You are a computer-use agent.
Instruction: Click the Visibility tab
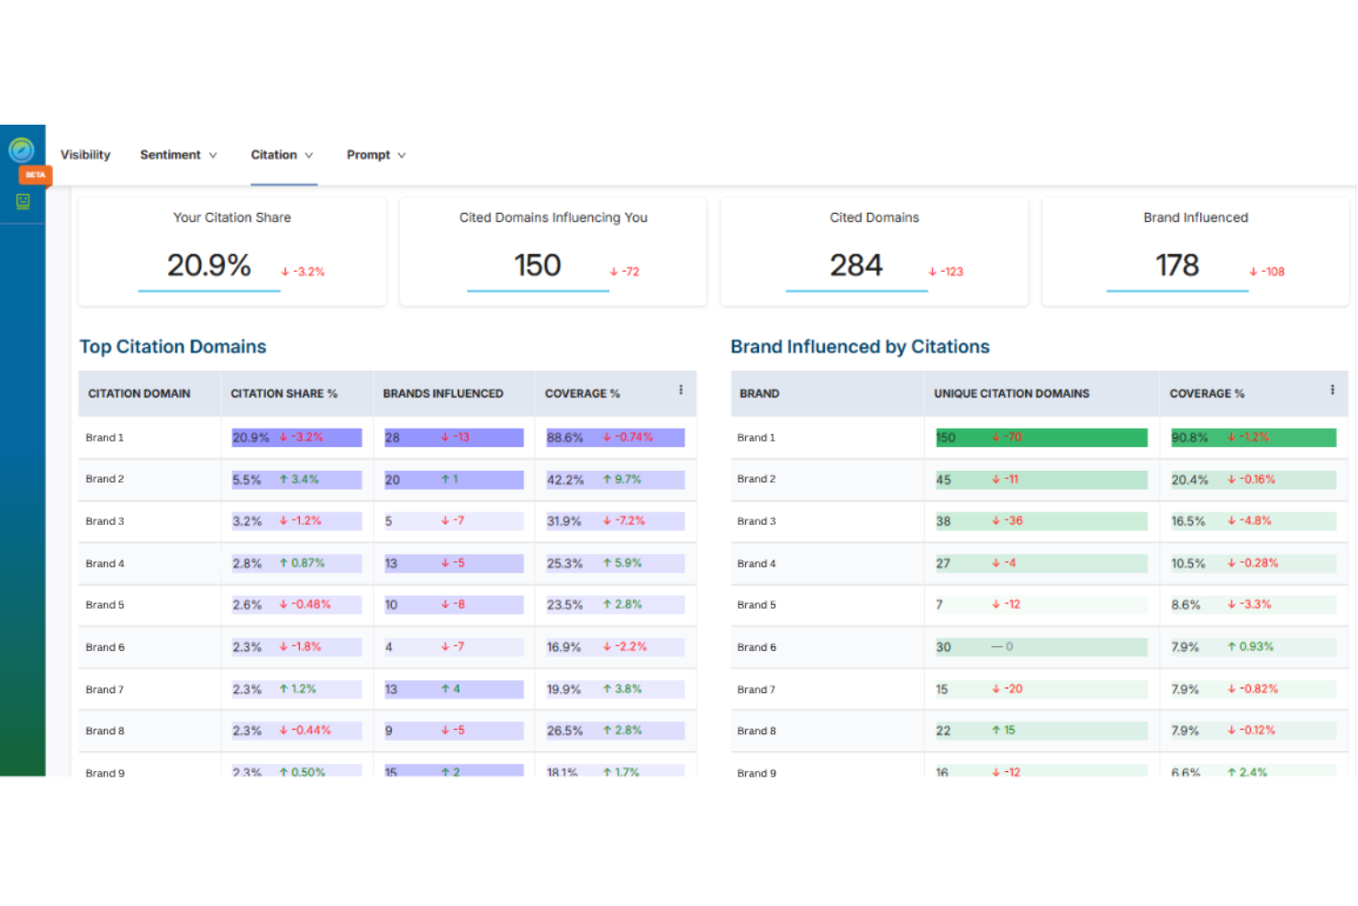click(85, 155)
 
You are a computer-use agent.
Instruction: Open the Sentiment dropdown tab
click(178, 155)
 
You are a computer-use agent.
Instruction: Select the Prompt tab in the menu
click(375, 155)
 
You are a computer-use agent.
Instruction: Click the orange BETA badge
click(36, 174)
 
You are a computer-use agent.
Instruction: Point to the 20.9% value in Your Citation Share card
click(208, 265)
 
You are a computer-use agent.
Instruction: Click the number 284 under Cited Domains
click(855, 265)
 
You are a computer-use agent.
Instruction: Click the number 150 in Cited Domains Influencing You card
click(537, 265)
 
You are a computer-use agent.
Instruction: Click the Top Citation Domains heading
click(173, 347)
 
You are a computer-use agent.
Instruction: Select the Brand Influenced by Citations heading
click(860, 347)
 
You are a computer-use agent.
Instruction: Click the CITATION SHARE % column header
click(284, 394)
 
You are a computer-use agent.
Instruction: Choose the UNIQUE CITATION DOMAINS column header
click(1011, 394)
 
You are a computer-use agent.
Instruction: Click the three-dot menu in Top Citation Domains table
click(681, 390)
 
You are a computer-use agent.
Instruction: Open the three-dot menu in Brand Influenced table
click(1332, 390)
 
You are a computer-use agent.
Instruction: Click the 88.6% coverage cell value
click(565, 438)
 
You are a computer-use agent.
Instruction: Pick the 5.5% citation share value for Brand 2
click(247, 480)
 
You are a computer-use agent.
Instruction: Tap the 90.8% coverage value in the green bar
click(1189, 438)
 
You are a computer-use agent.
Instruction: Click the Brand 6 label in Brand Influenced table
click(756, 647)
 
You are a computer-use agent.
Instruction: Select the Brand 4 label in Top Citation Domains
click(105, 564)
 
